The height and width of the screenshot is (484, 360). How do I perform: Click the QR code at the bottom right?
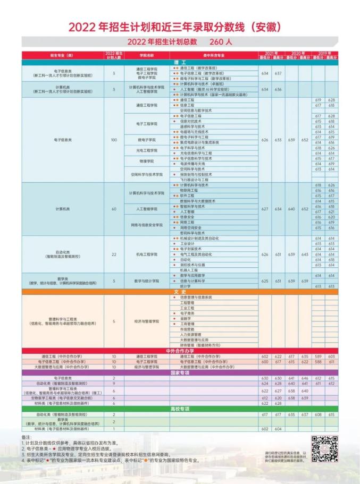pos(324,449)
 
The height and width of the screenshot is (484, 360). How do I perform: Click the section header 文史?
pos(179,292)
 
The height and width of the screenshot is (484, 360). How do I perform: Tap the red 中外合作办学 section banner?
pos(179,351)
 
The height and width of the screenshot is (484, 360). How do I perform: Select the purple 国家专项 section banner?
pos(179,372)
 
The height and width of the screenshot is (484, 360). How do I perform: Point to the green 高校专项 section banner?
pos(179,409)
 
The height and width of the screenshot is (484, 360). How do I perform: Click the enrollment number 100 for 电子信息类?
pos(114,140)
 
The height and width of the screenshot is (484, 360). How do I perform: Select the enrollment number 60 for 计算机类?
pos(114,209)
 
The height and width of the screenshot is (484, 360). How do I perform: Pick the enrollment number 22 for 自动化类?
pos(114,254)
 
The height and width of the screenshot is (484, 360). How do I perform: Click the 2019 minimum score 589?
pos(318,356)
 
